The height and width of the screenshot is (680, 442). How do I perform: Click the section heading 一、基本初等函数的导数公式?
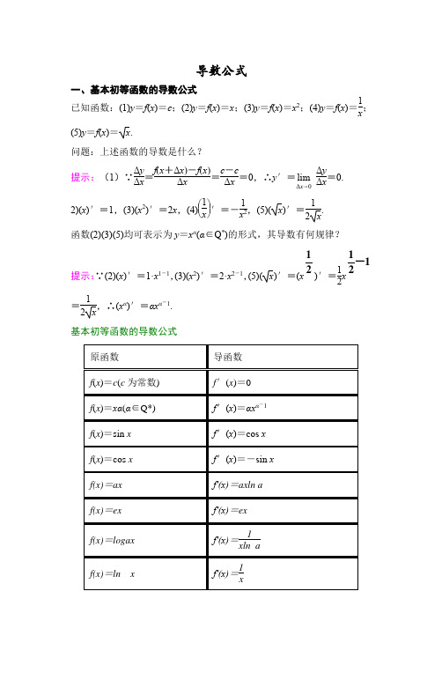[x=133, y=90]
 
